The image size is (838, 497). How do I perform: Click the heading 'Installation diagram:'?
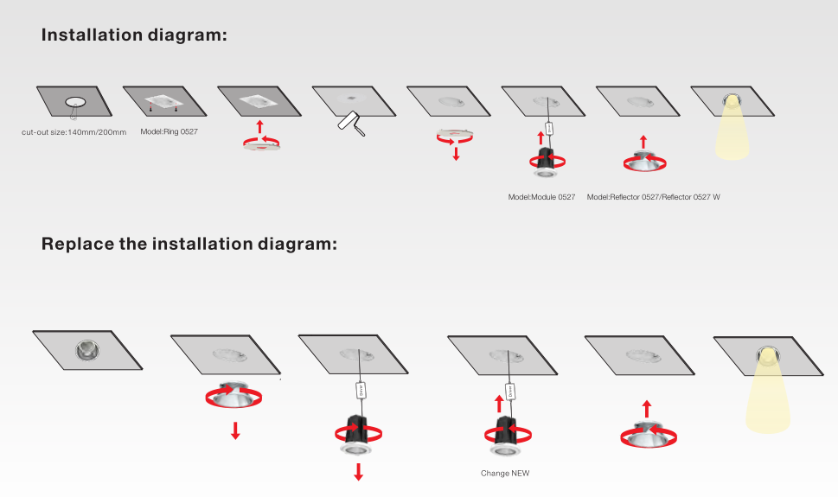coord(134,35)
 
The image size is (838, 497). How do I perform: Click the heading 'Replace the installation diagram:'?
coord(189,244)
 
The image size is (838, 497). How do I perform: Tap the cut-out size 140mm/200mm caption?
coord(74,132)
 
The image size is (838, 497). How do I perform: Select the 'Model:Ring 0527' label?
coord(170,131)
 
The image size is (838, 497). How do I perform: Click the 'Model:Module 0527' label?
coord(541,197)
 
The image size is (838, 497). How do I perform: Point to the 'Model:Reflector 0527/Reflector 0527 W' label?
coord(653,197)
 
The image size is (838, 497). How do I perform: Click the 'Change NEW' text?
coord(505,473)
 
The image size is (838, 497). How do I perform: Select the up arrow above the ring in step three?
coord(260,127)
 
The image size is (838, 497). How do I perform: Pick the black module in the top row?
coord(546,157)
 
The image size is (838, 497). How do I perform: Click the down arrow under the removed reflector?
coord(235,430)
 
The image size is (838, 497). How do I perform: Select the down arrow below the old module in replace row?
coord(358,471)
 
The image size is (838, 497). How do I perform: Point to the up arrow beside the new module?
coord(499,404)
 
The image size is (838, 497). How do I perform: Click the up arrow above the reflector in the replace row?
coord(647,408)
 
